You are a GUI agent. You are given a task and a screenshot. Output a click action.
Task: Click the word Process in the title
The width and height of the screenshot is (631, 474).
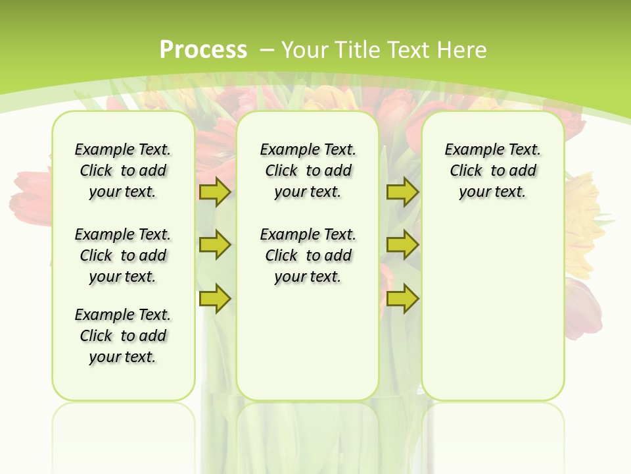click(x=203, y=49)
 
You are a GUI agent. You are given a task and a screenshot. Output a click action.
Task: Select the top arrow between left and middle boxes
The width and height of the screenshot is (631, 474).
click(x=214, y=192)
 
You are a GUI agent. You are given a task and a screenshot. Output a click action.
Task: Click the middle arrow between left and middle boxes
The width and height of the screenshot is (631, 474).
click(x=214, y=245)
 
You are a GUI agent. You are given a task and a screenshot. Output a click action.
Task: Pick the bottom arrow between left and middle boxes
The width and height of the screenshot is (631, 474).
click(x=214, y=298)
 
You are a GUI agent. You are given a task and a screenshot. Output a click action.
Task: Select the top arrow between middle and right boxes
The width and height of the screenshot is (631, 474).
click(x=402, y=192)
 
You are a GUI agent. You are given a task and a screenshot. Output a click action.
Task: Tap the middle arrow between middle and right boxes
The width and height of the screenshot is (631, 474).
click(x=402, y=245)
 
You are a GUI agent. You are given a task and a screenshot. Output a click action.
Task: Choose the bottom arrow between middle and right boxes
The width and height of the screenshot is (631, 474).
click(x=402, y=298)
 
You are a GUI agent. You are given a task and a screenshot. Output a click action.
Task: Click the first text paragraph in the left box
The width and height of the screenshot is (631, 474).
click(x=123, y=171)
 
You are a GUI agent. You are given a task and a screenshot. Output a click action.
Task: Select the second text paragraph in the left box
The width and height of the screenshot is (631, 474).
click(x=123, y=255)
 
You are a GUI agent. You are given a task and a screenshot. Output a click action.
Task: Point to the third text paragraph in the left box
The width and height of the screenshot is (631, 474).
click(x=123, y=336)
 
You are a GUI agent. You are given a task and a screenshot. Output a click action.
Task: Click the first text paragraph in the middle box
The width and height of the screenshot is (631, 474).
click(x=308, y=171)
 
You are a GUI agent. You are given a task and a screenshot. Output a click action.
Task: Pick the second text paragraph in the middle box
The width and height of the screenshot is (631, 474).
click(x=308, y=255)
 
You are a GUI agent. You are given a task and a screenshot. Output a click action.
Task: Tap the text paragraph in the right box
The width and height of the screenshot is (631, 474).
click(x=492, y=171)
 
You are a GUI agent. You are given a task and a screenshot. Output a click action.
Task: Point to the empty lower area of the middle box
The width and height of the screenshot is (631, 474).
click(x=308, y=342)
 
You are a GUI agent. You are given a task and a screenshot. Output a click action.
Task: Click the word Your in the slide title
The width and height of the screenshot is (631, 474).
click(x=306, y=50)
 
